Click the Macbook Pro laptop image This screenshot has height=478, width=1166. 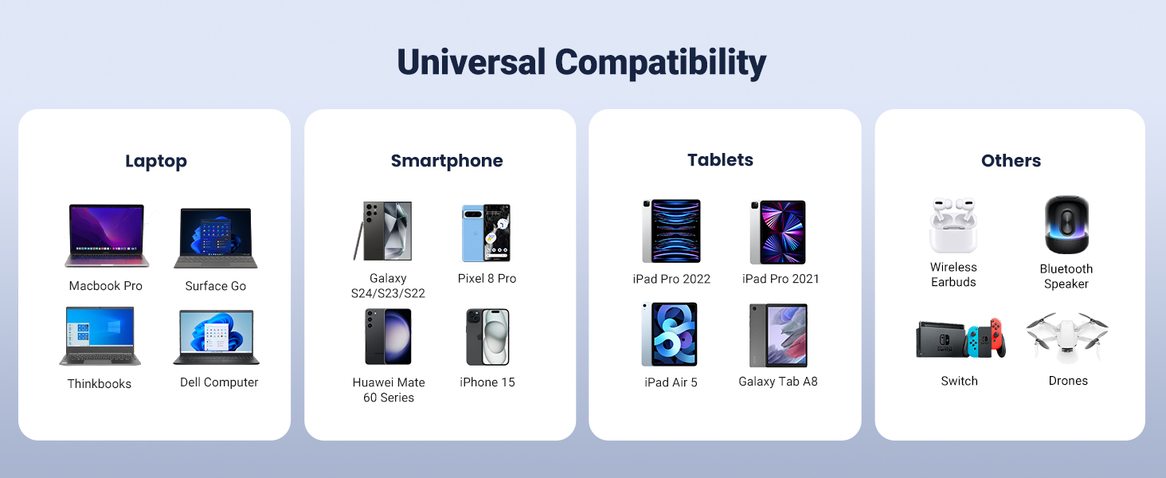click(x=107, y=235)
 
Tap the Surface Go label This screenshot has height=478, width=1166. click(x=216, y=286)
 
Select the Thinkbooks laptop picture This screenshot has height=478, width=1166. click(x=100, y=336)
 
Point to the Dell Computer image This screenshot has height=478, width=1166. click(x=216, y=337)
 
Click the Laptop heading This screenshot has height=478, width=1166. click(x=155, y=161)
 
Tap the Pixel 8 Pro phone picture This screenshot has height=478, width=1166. click(x=486, y=233)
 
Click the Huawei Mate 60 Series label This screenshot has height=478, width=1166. click(x=389, y=390)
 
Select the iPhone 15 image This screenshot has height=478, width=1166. click(x=487, y=337)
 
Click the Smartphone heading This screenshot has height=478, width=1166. click(x=447, y=160)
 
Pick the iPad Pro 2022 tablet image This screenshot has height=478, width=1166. click(x=671, y=231)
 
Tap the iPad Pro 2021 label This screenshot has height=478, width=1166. click(x=781, y=279)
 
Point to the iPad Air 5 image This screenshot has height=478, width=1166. click(x=669, y=335)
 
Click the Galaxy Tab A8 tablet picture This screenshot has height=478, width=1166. click(x=778, y=335)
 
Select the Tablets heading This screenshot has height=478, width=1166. click(x=720, y=160)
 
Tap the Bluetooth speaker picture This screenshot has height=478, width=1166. click(x=1066, y=225)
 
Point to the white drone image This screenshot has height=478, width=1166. click(x=1067, y=337)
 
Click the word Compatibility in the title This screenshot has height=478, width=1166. click(x=660, y=62)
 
